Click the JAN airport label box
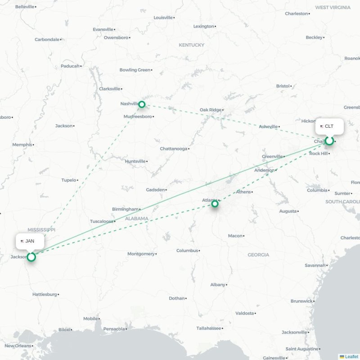tap(30, 241)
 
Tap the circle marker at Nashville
tap(142, 104)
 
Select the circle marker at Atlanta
tap(215, 204)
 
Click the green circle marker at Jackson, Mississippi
tap(31, 257)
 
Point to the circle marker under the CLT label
tap(329, 141)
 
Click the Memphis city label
tap(22, 144)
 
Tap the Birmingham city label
tap(126, 209)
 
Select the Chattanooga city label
tap(174, 148)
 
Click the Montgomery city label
tap(141, 254)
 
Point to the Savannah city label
tap(315, 265)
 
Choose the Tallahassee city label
tap(208, 328)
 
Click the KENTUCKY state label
tap(191, 45)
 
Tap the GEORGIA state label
tap(258, 255)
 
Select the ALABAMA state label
tap(137, 219)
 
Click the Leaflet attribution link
tap(351, 357)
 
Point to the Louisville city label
tap(163, 18)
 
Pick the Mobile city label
tap(90, 319)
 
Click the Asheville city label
tap(268, 126)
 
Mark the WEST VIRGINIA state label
tap(333, 7)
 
